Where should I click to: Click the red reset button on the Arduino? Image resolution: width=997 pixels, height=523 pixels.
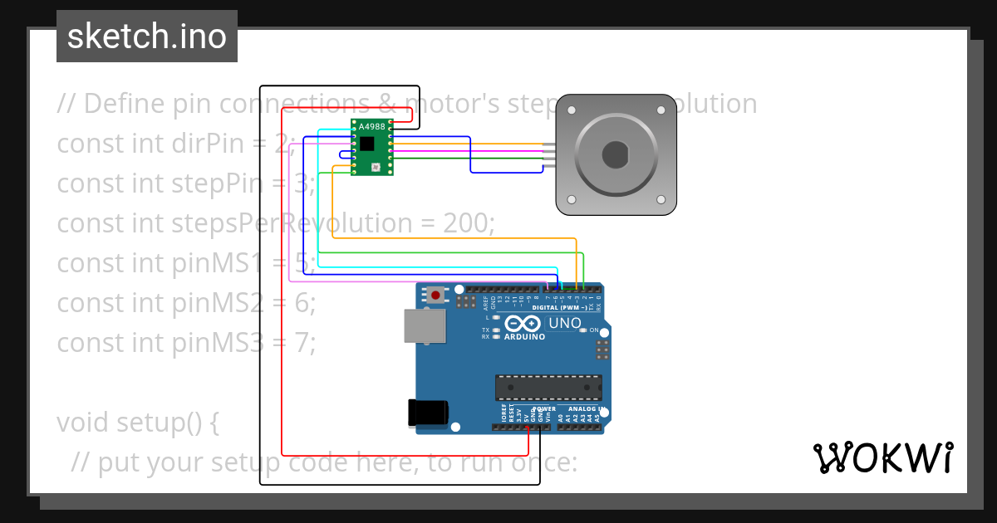click(435, 295)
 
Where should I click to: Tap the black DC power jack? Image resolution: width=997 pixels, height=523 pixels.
click(427, 413)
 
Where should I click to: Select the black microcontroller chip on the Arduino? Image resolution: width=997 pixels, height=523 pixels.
click(548, 388)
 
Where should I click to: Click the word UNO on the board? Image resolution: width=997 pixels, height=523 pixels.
click(565, 323)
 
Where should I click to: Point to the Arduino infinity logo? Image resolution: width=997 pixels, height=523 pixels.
click(523, 323)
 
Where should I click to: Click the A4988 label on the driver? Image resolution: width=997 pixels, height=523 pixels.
click(372, 126)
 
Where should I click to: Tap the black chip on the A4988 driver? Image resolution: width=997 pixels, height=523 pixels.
click(367, 144)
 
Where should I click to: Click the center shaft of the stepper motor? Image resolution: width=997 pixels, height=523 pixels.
click(616, 154)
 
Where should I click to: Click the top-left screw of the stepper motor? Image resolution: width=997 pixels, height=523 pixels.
click(572, 110)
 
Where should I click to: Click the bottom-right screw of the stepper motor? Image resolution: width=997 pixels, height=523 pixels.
click(661, 199)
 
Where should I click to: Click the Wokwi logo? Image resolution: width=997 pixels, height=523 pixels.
click(882, 457)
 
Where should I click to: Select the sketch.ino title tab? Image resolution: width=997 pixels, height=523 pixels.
click(147, 37)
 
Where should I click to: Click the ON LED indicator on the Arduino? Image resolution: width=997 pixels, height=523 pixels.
click(582, 330)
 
